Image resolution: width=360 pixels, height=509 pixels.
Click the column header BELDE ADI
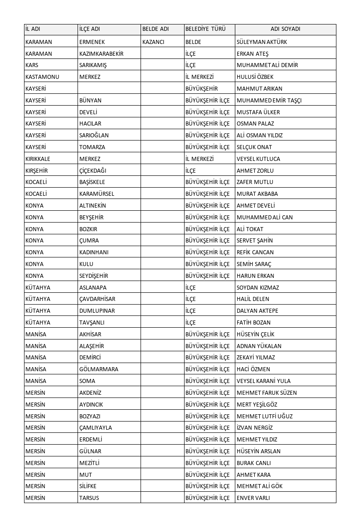(x=156, y=29)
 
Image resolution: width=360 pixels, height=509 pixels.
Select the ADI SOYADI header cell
(x=285, y=29)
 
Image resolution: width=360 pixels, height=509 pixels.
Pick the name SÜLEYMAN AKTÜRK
(x=262, y=42)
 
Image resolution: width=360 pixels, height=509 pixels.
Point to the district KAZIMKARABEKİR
(x=101, y=53)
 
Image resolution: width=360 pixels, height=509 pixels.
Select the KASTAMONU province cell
(x=43, y=77)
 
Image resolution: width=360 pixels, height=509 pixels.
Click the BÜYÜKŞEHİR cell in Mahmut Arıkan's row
(x=202, y=89)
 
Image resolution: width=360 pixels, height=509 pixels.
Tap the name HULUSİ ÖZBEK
(x=255, y=77)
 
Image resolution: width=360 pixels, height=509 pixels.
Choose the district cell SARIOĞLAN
(x=94, y=136)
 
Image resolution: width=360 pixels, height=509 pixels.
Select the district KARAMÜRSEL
(x=97, y=194)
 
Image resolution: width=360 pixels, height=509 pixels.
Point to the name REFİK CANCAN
(x=255, y=252)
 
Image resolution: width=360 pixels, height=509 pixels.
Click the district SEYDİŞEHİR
(x=94, y=276)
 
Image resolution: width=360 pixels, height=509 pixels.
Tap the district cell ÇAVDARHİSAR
(x=97, y=299)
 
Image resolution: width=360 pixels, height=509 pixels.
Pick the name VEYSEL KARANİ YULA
(x=264, y=381)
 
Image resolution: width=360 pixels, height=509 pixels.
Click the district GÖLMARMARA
(x=99, y=369)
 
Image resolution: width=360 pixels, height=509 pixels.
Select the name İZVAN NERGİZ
(x=255, y=428)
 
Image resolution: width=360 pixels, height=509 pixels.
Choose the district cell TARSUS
(x=89, y=498)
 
